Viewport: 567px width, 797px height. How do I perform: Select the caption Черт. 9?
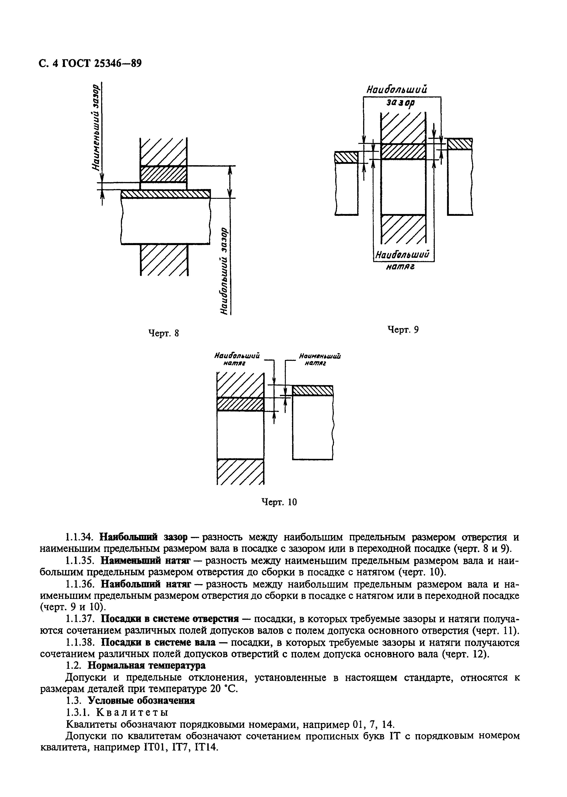coord(403,329)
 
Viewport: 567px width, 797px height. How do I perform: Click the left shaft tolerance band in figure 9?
coord(346,157)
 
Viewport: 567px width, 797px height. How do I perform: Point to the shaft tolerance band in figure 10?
coord(313,390)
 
